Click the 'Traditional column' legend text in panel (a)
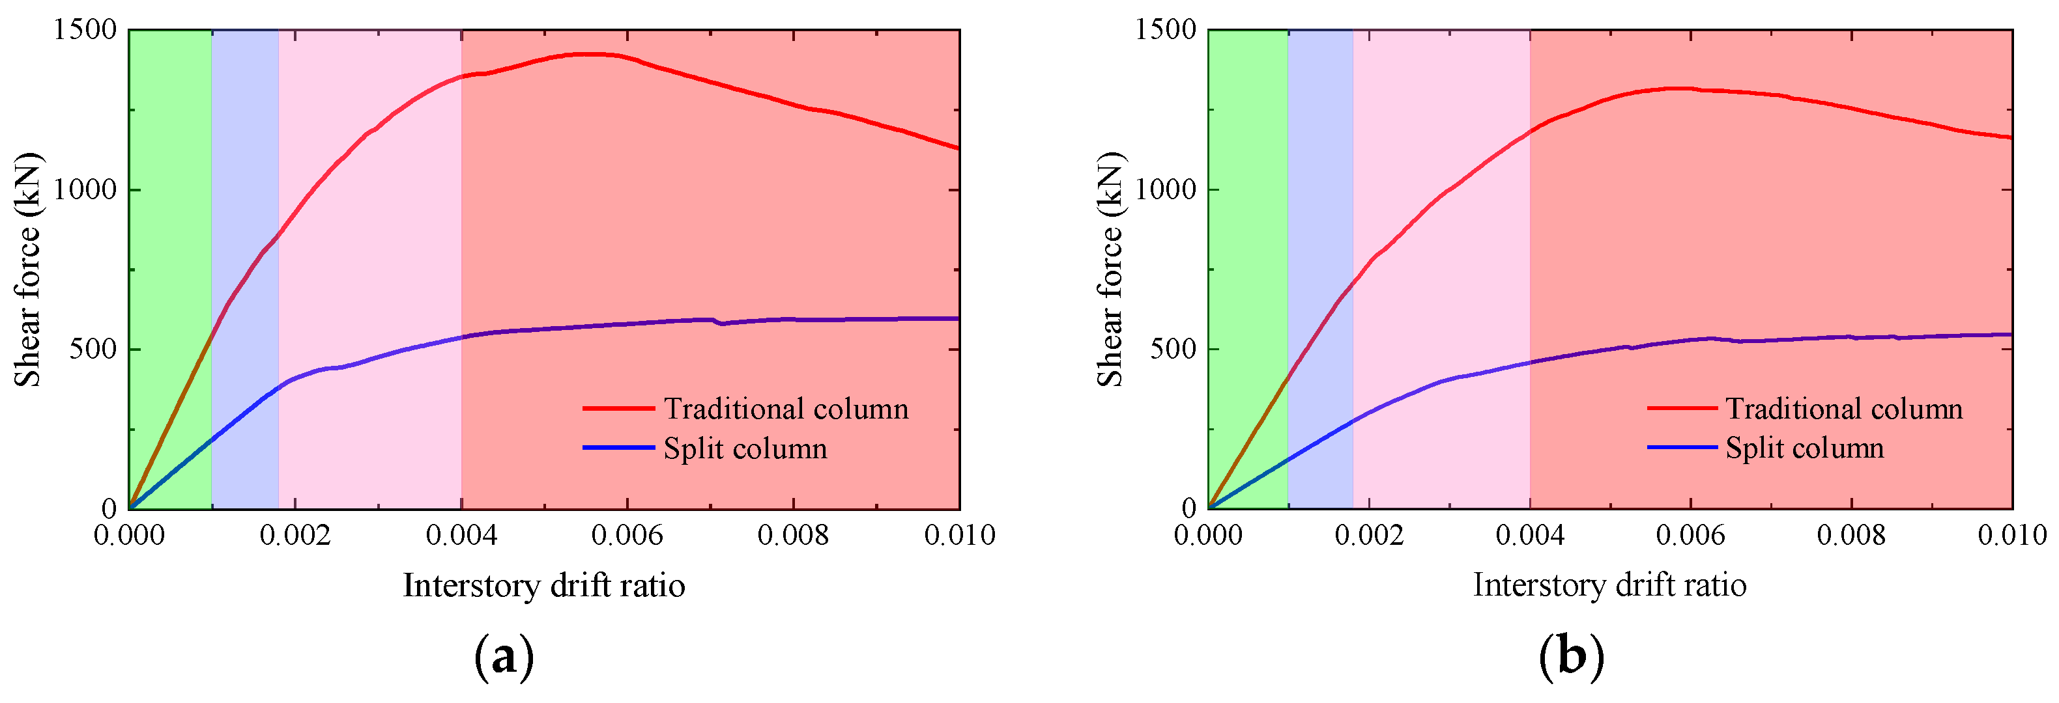click(x=786, y=409)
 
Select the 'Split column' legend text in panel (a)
click(x=745, y=449)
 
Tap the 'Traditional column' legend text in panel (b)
click(x=1844, y=409)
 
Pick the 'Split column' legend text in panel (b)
click(x=1805, y=448)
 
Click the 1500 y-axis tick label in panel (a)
click(x=85, y=31)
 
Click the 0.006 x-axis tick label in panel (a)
click(x=627, y=535)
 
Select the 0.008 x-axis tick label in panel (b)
click(x=1851, y=535)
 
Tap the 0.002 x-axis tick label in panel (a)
click(x=295, y=535)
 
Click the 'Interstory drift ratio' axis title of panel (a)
click(x=543, y=586)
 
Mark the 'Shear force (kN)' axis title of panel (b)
click(x=1110, y=269)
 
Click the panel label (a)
click(x=504, y=658)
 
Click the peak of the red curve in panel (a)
click(x=592, y=54)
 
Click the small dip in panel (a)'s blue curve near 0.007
click(x=722, y=324)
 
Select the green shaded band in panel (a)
click(x=170, y=240)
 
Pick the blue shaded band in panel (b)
click(x=1321, y=200)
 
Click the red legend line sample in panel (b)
click(x=1682, y=409)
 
